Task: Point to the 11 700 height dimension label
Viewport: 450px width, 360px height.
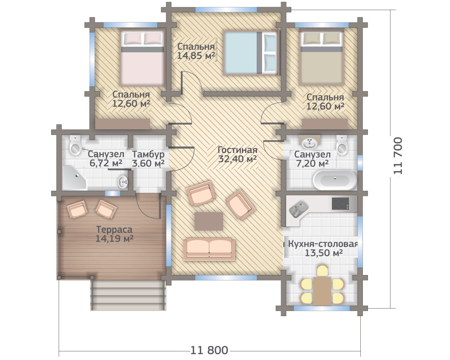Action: pyautogui.click(x=398, y=156)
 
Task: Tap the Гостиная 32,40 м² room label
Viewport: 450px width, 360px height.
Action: pyautogui.click(x=237, y=154)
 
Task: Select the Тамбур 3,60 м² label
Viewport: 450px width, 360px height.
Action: pyautogui.click(x=148, y=159)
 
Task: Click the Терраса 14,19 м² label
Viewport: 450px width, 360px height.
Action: pyautogui.click(x=114, y=234)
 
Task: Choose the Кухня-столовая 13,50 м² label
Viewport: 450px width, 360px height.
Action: pyautogui.click(x=323, y=249)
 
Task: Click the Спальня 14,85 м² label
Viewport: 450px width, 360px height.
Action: pyautogui.click(x=196, y=51)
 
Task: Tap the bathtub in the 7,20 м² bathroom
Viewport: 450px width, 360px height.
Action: pyautogui.click(x=334, y=180)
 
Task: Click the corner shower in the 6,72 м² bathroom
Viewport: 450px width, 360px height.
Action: pyautogui.click(x=75, y=177)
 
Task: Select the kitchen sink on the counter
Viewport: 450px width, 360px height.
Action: pyautogui.click(x=298, y=209)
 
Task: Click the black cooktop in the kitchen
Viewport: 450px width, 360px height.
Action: pyautogui.click(x=340, y=203)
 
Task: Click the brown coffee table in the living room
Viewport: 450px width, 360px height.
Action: pyautogui.click(x=208, y=221)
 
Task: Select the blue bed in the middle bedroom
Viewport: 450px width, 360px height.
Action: pyautogui.click(x=251, y=53)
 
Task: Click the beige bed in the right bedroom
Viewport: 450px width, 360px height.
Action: pyautogui.click(x=321, y=58)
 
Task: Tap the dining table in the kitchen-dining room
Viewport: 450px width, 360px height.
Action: pyautogui.click(x=322, y=291)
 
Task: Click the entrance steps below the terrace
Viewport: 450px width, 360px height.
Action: pyautogui.click(x=128, y=295)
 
